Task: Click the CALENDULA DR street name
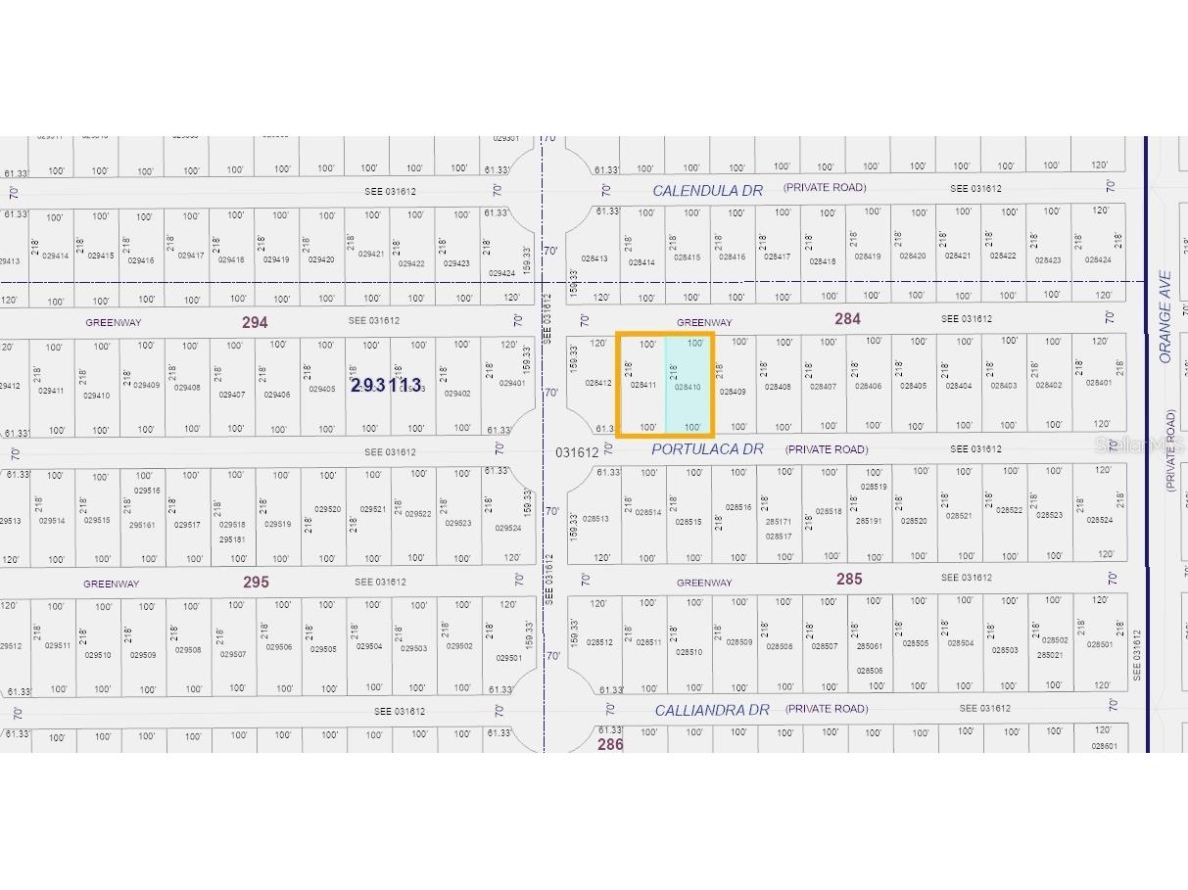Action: click(707, 191)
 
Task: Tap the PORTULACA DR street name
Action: click(707, 449)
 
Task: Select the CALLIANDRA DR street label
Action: click(711, 710)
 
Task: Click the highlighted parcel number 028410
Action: click(688, 388)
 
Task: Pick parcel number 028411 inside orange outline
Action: click(643, 386)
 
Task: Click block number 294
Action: click(255, 321)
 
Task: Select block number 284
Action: click(847, 318)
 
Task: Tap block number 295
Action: click(256, 582)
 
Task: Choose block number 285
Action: click(849, 579)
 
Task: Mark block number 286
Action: click(610, 744)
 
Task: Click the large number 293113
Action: click(386, 386)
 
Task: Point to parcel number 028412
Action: click(598, 383)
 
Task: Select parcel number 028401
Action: click(1099, 383)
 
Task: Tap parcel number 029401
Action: click(512, 384)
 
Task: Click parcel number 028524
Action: click(1099, 521)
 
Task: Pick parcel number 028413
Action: click(594, 259)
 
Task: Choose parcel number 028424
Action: click(1098, 260)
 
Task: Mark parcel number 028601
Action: click(1104, 746)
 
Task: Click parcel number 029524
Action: click(507, 529)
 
